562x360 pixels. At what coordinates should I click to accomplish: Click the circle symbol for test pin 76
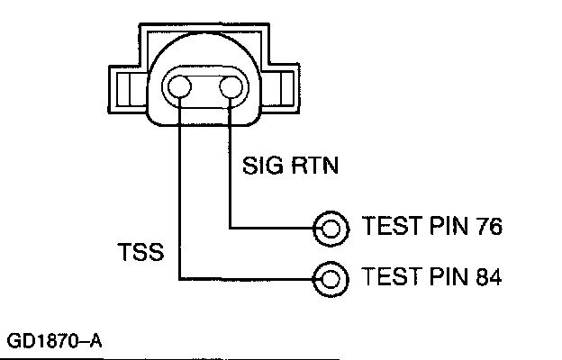[x=331, y=228]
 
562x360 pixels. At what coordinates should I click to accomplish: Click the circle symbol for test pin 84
[x=331, y=277]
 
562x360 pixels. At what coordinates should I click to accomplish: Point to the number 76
[x=483, y=225]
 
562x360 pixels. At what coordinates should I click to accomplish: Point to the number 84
[x=483, y=275]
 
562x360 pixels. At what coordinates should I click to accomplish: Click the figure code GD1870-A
[x=55, y=343]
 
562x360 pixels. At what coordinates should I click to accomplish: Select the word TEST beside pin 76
[x=390, y=225]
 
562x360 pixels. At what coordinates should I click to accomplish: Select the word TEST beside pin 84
[x=390, y=275]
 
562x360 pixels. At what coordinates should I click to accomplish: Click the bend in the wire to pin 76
[x=233, y=228]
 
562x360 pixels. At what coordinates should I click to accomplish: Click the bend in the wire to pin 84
[x=180, y=277]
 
